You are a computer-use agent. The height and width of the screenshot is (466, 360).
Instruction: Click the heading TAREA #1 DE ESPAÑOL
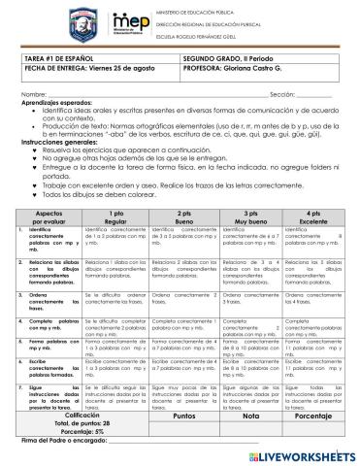click(x=61, y=60)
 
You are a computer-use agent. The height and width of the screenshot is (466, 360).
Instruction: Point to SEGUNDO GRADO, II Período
click(x=223, y=60)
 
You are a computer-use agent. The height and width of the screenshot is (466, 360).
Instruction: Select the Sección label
click(x=285, y=92)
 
